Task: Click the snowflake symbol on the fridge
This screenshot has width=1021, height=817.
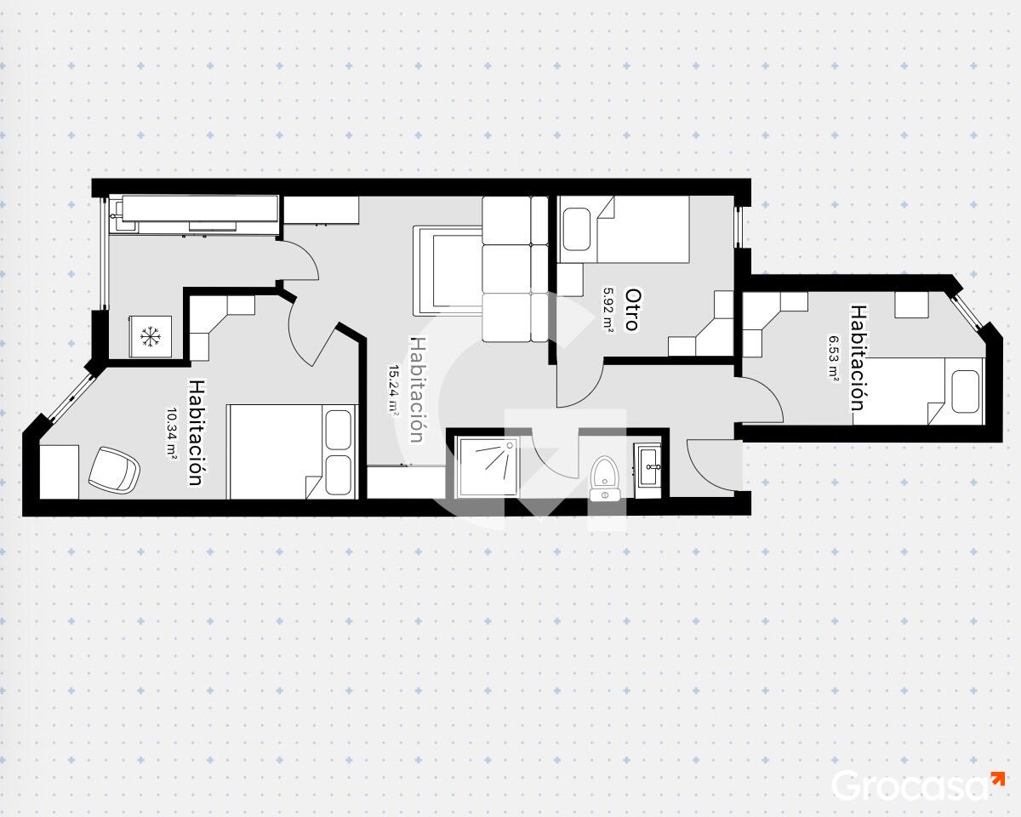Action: [151, 336]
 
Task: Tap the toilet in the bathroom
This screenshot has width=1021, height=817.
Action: [606, 478]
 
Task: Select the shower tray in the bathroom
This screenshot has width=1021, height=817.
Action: [488, 467]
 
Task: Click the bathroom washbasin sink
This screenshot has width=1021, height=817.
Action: [648, 467]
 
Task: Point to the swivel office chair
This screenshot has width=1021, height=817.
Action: [114, 470]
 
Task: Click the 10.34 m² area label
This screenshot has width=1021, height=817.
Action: [171, 432]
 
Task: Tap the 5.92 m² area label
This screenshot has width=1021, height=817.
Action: [608, 309]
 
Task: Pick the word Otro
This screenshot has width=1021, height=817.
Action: [631, 309]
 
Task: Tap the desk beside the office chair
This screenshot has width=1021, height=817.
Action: [59, 471]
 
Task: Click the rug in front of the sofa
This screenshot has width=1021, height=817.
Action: [448, 271]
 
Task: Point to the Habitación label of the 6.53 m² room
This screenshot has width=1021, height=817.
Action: [858, 357]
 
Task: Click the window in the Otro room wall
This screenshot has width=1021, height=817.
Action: [739, 227]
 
